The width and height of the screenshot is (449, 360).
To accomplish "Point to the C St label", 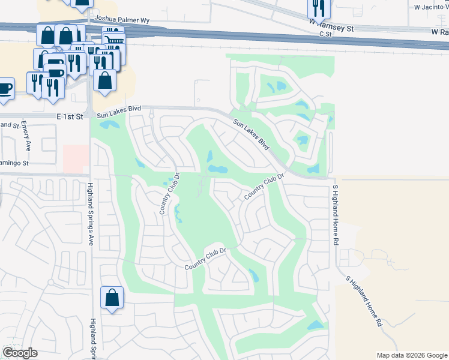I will coord(325,35).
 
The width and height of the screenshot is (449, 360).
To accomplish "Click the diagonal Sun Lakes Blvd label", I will coord(252,134).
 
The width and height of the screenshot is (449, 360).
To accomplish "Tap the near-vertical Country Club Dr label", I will coord(170,194).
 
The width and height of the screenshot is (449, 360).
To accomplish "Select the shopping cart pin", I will coord(113,38).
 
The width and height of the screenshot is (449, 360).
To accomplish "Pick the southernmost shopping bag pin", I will coord(112,298).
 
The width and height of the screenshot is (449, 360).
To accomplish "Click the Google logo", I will coord(20,353).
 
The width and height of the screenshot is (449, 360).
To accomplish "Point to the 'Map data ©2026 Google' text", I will coord(412,355).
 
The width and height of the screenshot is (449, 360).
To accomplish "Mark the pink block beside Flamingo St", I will coord(76,158).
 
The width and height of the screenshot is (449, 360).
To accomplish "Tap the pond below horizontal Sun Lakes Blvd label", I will coord(109,125).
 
